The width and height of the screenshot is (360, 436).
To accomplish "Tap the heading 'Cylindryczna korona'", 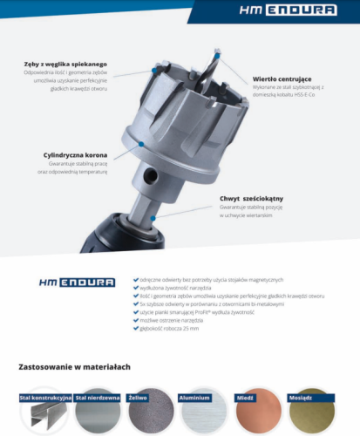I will [x=75, y=154].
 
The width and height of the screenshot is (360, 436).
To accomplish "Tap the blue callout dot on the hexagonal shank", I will [x=153, y=216].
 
